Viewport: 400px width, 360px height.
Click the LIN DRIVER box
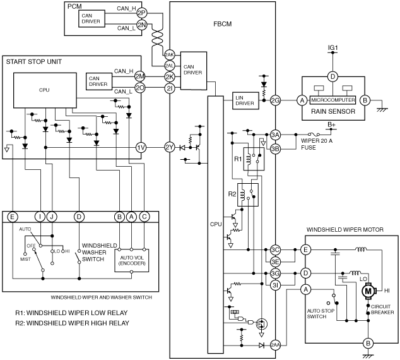click(245, 100)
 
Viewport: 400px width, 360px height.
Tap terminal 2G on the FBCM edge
click(275, 100)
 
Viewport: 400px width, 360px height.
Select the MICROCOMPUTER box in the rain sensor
click(332, 100)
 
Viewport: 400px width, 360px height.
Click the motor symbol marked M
click(368, 291)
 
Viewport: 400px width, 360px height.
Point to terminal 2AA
click(275, 345)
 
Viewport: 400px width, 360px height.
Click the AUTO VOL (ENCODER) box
click(132, 260)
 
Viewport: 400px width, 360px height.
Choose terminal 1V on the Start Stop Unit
click(141, 148)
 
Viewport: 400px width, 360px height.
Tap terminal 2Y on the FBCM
click(170, 148)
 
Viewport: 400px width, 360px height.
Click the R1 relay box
click(254, 159)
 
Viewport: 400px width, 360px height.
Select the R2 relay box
click(248, 195)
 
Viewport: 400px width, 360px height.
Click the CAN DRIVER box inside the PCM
click(91, 18)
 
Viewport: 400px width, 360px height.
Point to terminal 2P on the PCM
click(141, 13)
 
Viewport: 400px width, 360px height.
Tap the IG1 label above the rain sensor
click(332, 48)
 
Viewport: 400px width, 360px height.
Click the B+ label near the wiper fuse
click(331, 124)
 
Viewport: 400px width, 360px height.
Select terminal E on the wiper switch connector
click(12, 217)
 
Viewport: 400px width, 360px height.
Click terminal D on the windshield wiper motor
click(305, 273)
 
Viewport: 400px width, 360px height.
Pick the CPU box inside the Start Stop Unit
click(45, 90)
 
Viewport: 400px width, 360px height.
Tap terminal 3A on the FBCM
click(275, 135)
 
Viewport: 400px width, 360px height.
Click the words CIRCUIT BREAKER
click(382, 309)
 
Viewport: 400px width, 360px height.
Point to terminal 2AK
click(169, 55)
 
